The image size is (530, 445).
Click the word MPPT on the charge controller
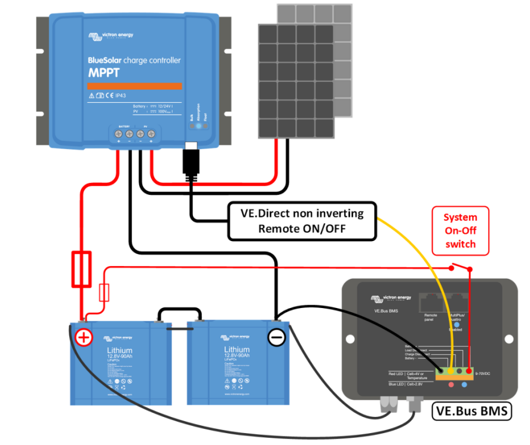coord(104,73)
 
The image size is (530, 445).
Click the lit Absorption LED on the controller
coord(198,127)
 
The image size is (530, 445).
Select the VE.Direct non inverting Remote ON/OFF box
coord(304,221)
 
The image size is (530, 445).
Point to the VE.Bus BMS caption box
coord(472,412)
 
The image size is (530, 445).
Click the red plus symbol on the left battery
coord(84,338)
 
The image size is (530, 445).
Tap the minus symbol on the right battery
coord(276,338)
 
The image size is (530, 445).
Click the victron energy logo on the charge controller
coord(114,36)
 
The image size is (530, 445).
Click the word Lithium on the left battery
coord(120,350)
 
